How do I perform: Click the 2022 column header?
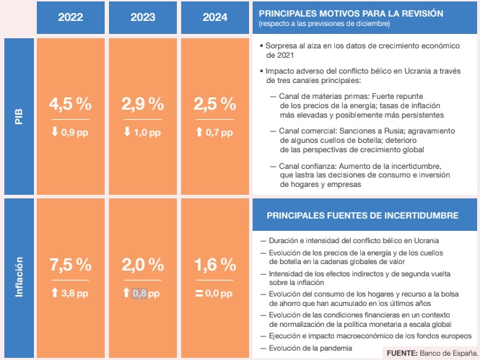[x=71, y=17]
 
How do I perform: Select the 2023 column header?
[x=143, y=17]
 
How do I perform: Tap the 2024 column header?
[x=215, y=17]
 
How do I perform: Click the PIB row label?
[x=19, y=116]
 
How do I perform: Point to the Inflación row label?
[x=19, y=277]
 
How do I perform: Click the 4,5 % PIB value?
[x=71, y=104]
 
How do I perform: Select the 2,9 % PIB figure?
[x=143, y=104]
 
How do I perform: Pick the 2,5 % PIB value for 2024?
[x=215, y=104]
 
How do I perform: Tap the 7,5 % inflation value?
[x=71, y=265]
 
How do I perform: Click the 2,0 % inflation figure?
[x=143, y=265]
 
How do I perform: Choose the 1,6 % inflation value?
[x=216, y=265]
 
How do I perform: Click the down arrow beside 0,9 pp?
[x=55, y=132]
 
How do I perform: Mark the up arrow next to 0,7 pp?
[x=199, y=132]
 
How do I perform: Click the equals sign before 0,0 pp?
[x=199, y=294]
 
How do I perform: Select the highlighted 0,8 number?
[x=139, y=294]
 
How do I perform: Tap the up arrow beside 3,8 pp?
[x=55, y=293]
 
